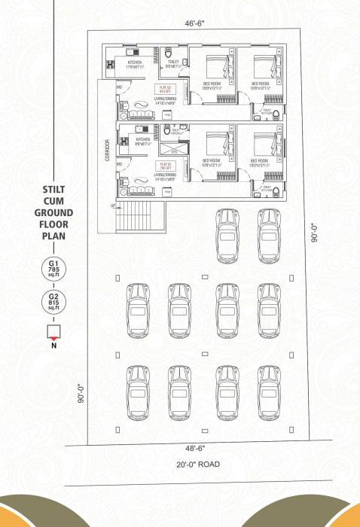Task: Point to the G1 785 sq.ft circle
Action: click(53, 269)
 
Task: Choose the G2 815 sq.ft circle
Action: click(53, 303)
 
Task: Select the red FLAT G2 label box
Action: click(164, 90)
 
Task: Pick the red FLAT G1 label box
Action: click(164, 164)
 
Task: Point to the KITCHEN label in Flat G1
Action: click(142, 140)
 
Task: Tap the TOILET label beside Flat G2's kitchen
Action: click(172, 63)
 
